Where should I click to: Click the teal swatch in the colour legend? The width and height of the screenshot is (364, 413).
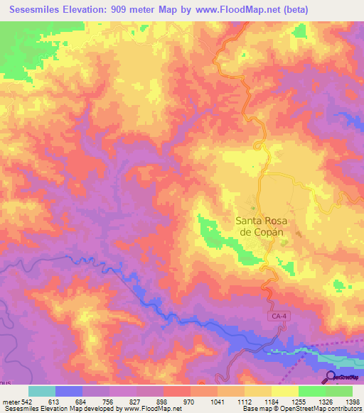tap(41, 391)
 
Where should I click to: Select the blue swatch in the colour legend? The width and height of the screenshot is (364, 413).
tap(69, 391)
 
